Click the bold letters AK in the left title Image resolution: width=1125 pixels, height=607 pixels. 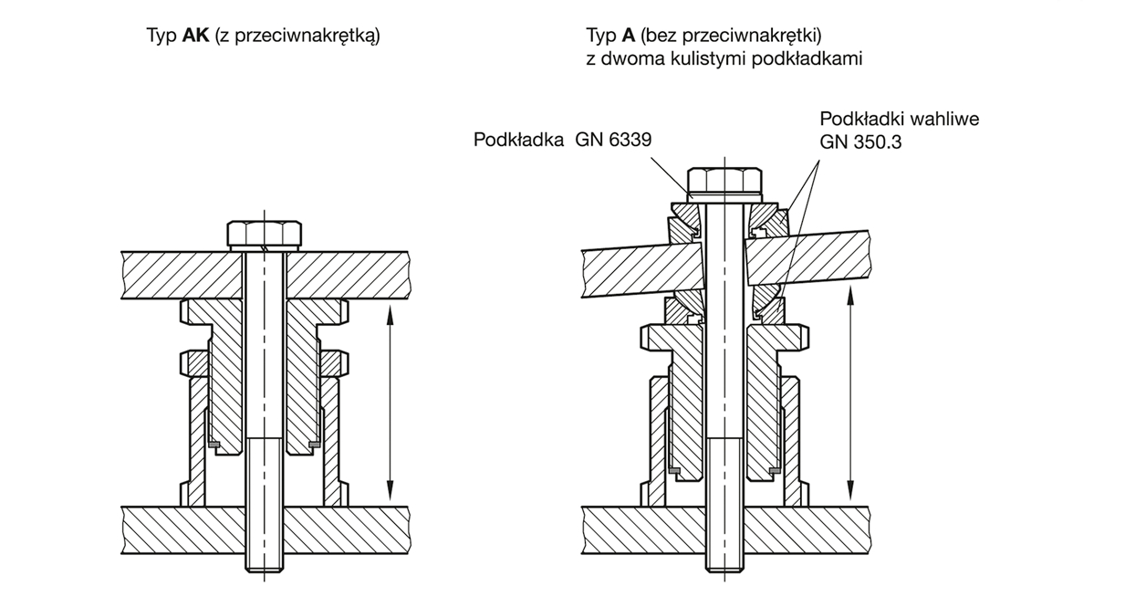[197, 36]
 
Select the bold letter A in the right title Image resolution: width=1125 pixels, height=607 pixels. [629, 36]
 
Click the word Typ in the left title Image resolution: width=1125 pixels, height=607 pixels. [162, 36]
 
